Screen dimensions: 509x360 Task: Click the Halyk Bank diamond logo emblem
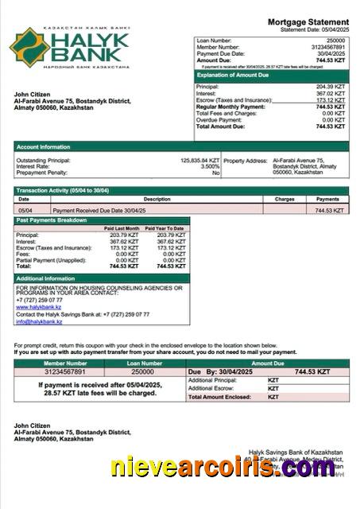[29, 46]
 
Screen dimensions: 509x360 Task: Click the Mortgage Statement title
[308, 21]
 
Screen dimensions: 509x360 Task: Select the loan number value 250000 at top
[335, 39]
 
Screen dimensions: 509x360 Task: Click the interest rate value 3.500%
[209, 166]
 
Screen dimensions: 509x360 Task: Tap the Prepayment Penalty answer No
[215, 173]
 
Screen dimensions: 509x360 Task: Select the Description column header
[157, 199]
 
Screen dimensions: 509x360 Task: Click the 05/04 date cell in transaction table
[25, 210]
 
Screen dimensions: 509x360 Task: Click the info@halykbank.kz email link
[39, 321]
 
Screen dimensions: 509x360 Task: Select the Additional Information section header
[45, 278]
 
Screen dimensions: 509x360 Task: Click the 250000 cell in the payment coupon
[142, 371]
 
